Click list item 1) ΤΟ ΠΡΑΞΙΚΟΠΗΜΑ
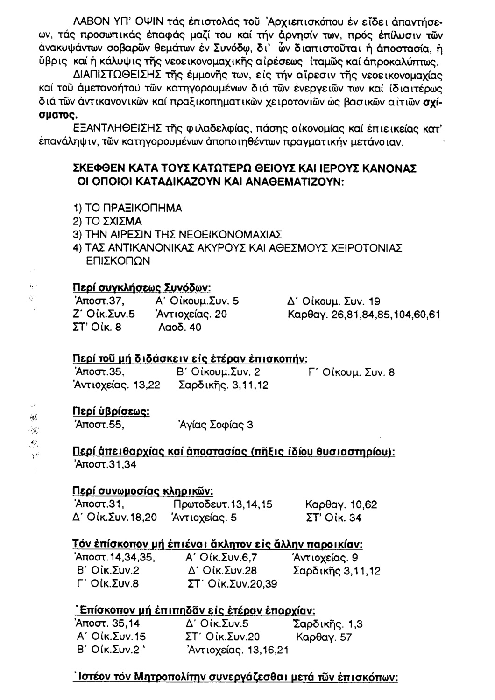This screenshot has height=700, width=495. (125, 207)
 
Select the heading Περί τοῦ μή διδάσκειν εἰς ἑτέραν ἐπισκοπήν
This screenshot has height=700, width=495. (188, 359)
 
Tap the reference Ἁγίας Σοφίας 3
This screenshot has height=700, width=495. (213, 425)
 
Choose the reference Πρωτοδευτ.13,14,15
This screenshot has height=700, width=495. (223, 504)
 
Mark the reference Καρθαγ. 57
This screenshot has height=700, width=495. (324, 637)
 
